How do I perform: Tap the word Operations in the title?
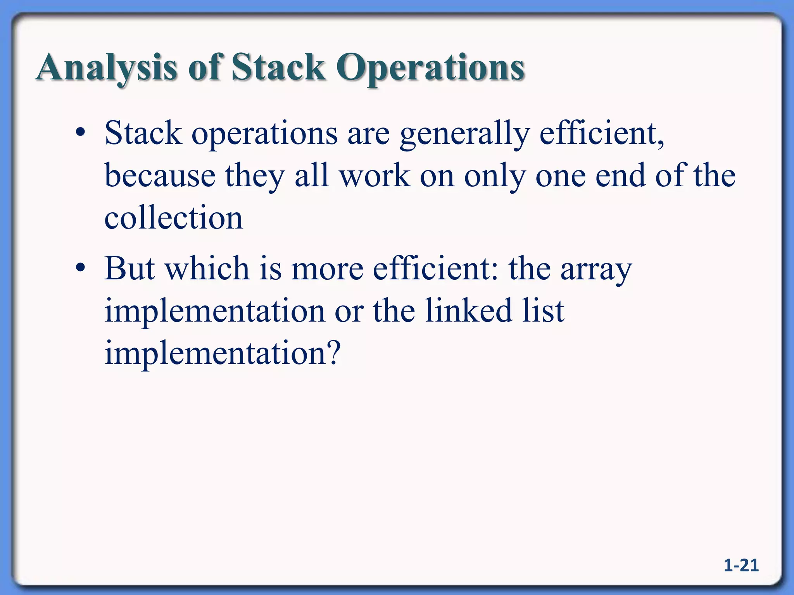click(430, 68)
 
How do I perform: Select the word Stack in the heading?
click(278, 67)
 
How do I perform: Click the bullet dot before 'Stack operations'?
click(80, 134)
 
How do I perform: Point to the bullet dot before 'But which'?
click(80, 268)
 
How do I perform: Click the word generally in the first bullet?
click(464, 134)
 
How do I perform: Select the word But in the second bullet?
click(129, 268)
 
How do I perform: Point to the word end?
click(620, 176)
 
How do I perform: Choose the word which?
click(207, 268)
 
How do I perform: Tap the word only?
click(495, 177)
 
